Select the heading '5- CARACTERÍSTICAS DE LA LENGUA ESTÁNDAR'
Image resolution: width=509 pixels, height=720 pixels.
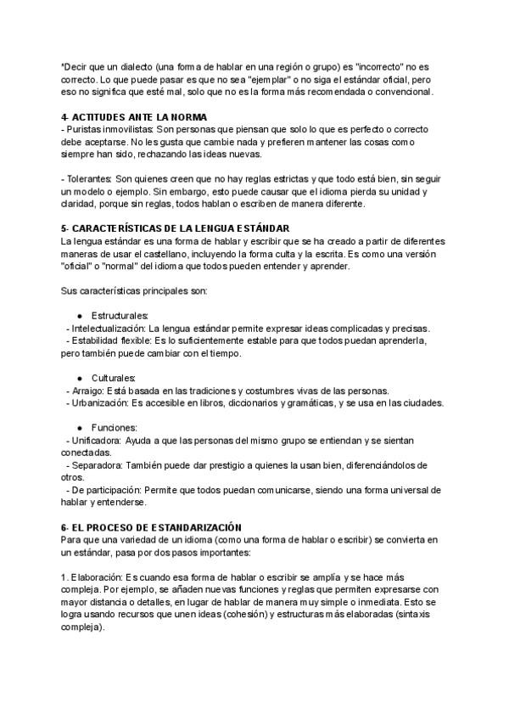pos(176,228)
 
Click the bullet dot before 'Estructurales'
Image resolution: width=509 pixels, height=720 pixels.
pos(79,316)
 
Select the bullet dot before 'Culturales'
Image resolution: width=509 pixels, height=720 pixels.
pos(79,378)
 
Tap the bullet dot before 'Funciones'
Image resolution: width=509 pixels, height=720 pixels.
pos(79,427)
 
